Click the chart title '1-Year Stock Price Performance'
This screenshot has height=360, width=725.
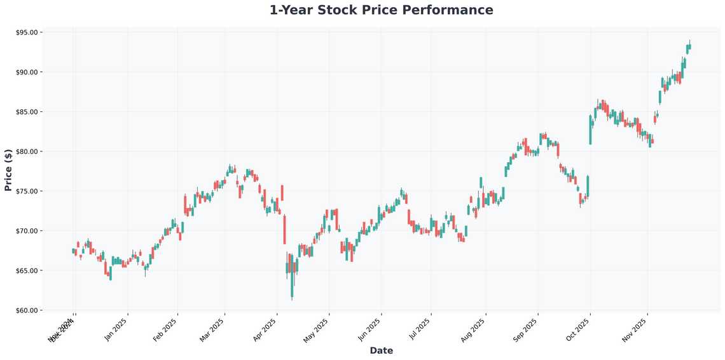(x=381, y=10)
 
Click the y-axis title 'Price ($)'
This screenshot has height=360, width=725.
(x=8, y=170)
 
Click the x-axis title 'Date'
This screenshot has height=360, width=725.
(x=381, y=350)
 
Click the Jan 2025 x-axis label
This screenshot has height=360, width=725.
(x=116, y=329)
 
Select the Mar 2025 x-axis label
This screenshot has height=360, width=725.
(x=212, y=329)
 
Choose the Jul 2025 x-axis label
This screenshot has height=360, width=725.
(x=418, y=329)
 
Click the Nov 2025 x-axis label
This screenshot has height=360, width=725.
(x=635, y=329)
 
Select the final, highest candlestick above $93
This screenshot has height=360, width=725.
(x=689, y=46)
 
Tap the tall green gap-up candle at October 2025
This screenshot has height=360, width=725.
(x=590, y=130)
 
